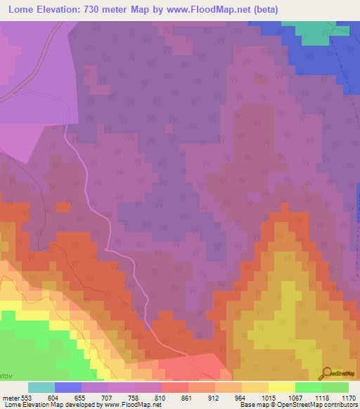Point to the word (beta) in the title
262,10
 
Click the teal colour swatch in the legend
41,387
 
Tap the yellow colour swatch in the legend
282,387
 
